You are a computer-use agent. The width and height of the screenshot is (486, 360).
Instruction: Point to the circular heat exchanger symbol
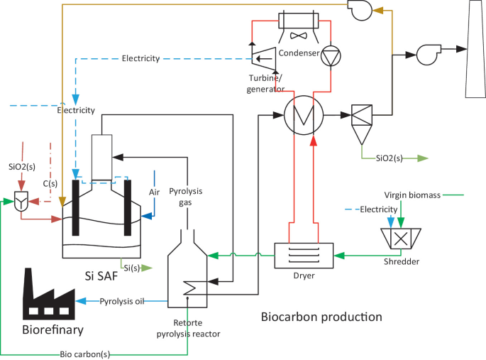[303, 114]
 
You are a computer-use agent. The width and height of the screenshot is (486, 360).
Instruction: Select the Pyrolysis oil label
[121, 302]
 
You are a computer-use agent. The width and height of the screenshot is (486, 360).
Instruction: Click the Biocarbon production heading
[321, 316]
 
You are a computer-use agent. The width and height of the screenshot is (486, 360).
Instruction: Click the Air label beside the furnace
[155, 192]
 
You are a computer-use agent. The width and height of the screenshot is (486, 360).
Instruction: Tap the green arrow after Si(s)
[146, 268]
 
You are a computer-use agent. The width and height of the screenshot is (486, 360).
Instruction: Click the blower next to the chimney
[428, 52]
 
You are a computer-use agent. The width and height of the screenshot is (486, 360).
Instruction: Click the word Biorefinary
[52, 329]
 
